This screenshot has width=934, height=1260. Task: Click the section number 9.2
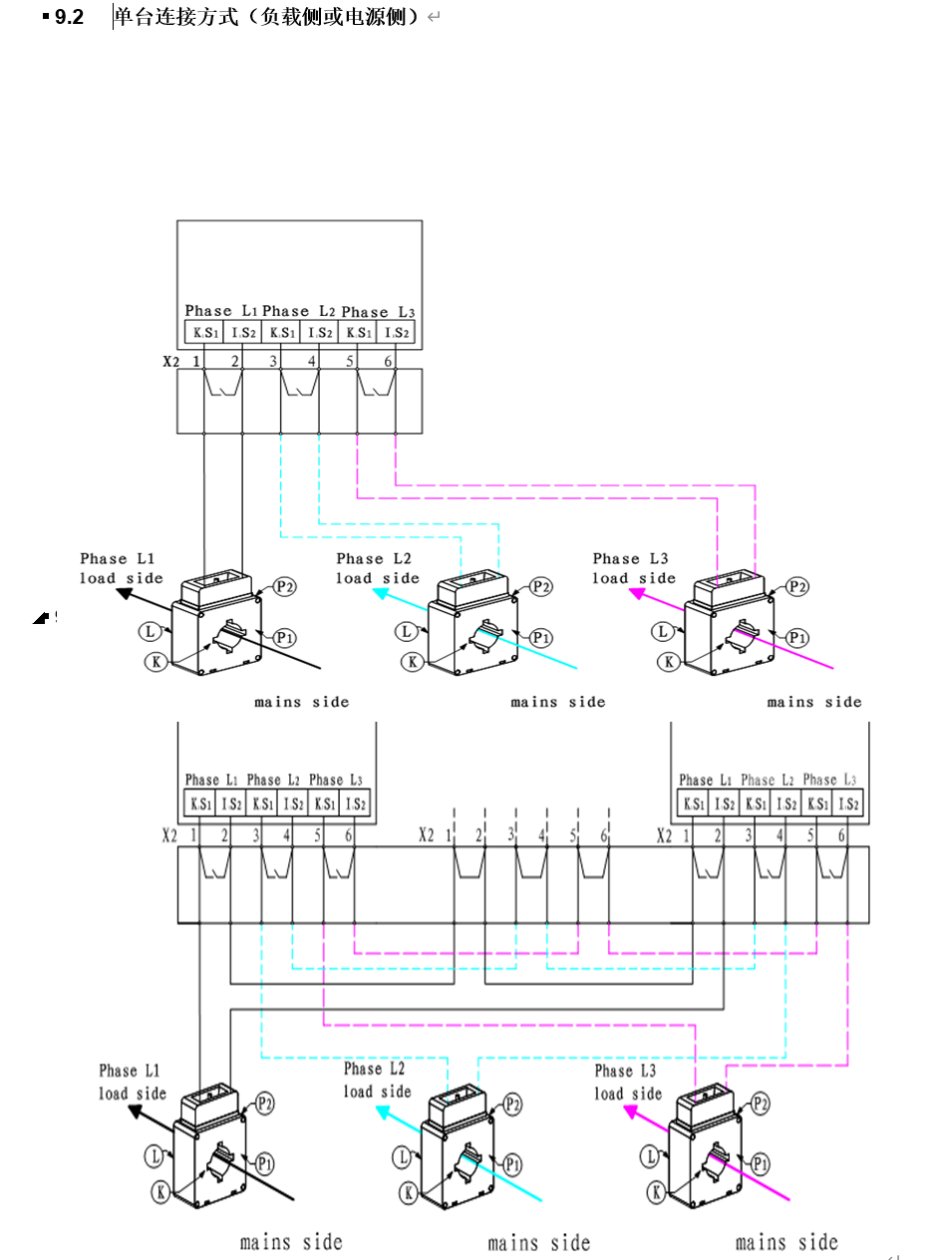69,17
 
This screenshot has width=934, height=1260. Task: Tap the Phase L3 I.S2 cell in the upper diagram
397,332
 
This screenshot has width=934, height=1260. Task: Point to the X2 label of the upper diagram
171,361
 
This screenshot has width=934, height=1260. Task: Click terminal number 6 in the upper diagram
388,361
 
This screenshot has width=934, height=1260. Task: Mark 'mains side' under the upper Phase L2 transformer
557,702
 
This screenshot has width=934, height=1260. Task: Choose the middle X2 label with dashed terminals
427,834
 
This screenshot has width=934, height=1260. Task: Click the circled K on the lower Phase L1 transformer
159,1190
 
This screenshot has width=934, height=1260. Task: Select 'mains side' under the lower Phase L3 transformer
786,1242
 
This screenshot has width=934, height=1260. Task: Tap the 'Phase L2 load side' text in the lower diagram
377,1080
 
